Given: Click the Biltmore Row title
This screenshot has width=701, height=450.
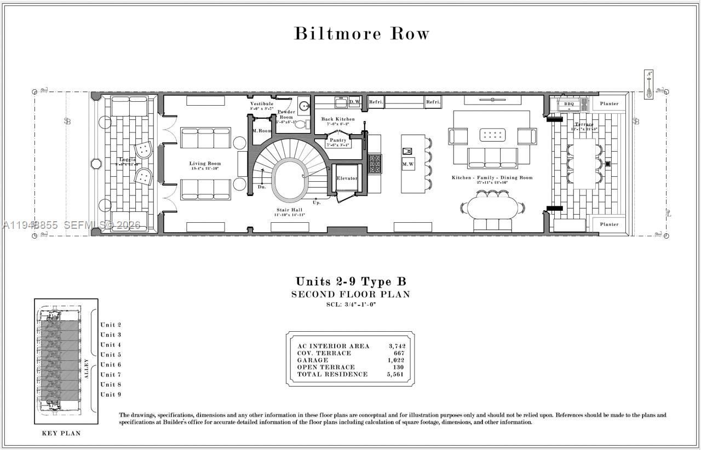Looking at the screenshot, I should tap(361, 33).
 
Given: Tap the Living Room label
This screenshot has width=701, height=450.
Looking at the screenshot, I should tap(205, 163).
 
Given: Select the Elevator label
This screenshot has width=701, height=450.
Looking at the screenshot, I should tap(347, 178).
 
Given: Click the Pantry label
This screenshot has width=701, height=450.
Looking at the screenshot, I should tap(337, 141).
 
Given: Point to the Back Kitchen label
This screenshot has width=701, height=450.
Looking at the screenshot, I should tap(338, 119).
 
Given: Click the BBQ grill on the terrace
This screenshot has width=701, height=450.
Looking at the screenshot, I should tap(570, 103).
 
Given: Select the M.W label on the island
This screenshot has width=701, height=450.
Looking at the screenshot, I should tap(408, 164).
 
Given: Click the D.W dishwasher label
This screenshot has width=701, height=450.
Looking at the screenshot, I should tap(354, 102).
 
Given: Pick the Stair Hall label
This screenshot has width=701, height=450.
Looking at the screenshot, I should tap(289, 210).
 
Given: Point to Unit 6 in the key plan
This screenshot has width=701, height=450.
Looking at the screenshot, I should tap(111, 365).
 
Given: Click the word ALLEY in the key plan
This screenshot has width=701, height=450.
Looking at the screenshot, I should tap(86, 368).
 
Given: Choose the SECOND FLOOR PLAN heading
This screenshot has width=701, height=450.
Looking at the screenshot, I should tap(350, 295).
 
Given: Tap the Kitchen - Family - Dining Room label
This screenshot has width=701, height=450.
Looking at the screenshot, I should tap(492, 178).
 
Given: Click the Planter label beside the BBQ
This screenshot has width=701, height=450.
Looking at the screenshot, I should tap(609, 103).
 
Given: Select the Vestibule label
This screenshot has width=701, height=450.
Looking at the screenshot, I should tap(262, 103).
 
